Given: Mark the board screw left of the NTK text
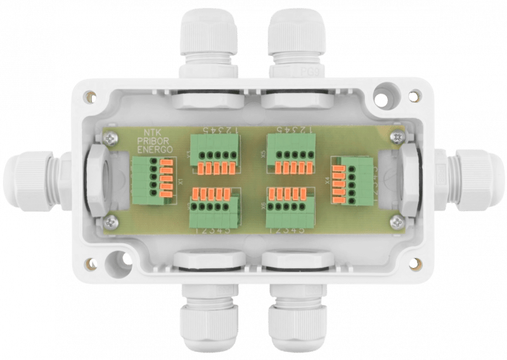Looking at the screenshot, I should point(112,136).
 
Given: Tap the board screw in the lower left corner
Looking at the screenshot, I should point(112,221).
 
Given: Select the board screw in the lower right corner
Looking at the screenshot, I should point(396,221).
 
